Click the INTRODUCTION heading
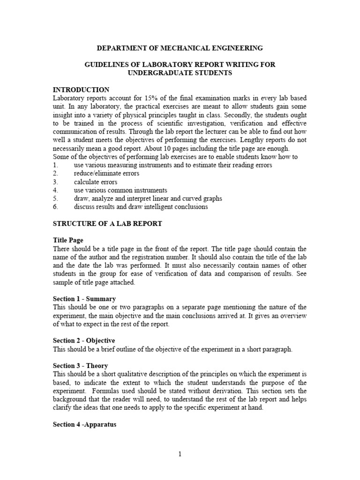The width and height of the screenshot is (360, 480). pos(81,90)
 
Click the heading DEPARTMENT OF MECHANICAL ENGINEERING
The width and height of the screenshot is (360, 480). pos(180,48)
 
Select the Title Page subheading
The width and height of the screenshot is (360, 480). pos(68,240)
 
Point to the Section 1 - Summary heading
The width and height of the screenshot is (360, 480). pos(84,299)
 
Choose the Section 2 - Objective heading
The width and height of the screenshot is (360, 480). pos(84,341)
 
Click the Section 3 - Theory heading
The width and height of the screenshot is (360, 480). pos(81,366)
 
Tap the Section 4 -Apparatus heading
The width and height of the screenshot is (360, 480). pos(84,425)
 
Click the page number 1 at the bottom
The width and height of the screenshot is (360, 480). pos(180,454)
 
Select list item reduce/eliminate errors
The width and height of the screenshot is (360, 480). pos(106,173)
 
